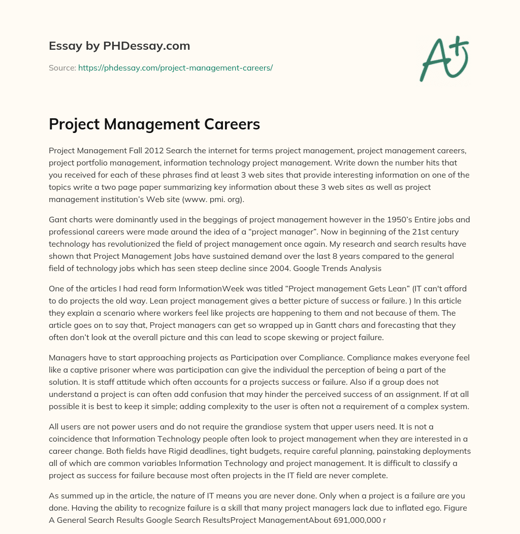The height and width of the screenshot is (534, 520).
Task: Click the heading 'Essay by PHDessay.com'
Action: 119,46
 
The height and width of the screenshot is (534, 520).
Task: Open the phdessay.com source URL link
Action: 175,68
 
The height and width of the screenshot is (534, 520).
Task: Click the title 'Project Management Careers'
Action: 154,124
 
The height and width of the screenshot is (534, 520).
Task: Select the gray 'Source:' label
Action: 62,68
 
